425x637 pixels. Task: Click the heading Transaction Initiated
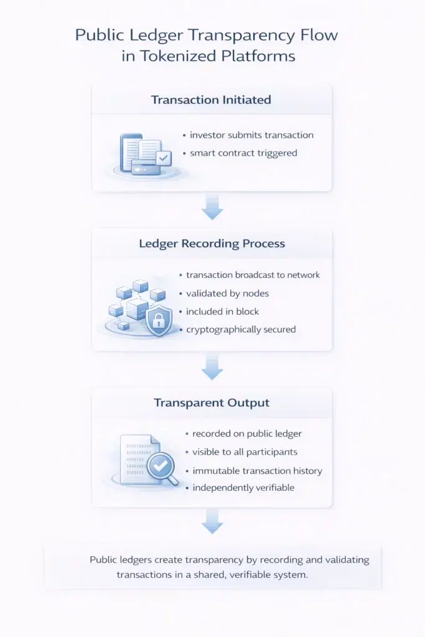(211, 100)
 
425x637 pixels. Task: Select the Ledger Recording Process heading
(212, 243)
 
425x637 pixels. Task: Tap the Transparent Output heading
(212, 402)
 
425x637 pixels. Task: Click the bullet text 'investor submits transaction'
(251, 135)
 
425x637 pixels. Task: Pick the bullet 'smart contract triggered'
(243, 153)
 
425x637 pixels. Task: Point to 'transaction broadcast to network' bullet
(253, 275)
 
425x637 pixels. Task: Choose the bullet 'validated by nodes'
(228, 293)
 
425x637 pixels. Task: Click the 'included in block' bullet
(223, 311)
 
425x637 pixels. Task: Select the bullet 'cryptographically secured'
(241, 330)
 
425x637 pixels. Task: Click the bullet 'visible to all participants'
(245, 452)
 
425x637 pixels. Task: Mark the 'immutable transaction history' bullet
(257, 471)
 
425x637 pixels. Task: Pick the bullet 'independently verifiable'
(243, 488)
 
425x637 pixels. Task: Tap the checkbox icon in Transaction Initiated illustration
(164, 159)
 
